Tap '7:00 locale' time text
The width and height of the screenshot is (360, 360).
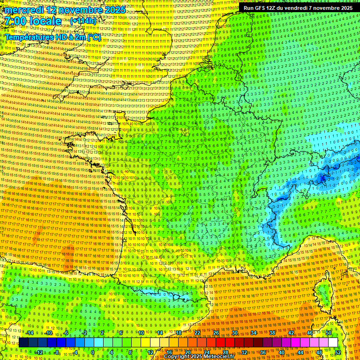33,21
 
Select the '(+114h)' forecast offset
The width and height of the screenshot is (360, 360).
83,21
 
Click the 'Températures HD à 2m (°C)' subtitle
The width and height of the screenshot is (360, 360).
53,37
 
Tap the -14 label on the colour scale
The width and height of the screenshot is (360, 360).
30,333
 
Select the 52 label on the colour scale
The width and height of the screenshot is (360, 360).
338,352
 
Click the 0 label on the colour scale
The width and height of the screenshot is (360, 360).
93,352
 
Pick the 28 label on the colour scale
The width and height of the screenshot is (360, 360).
225,352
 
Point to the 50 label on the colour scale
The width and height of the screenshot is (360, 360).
329,333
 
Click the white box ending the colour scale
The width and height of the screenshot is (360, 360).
333,343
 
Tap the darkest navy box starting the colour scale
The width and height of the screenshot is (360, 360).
23,343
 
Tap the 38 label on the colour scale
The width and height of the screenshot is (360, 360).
272,333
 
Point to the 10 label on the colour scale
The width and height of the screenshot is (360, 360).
140,333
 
